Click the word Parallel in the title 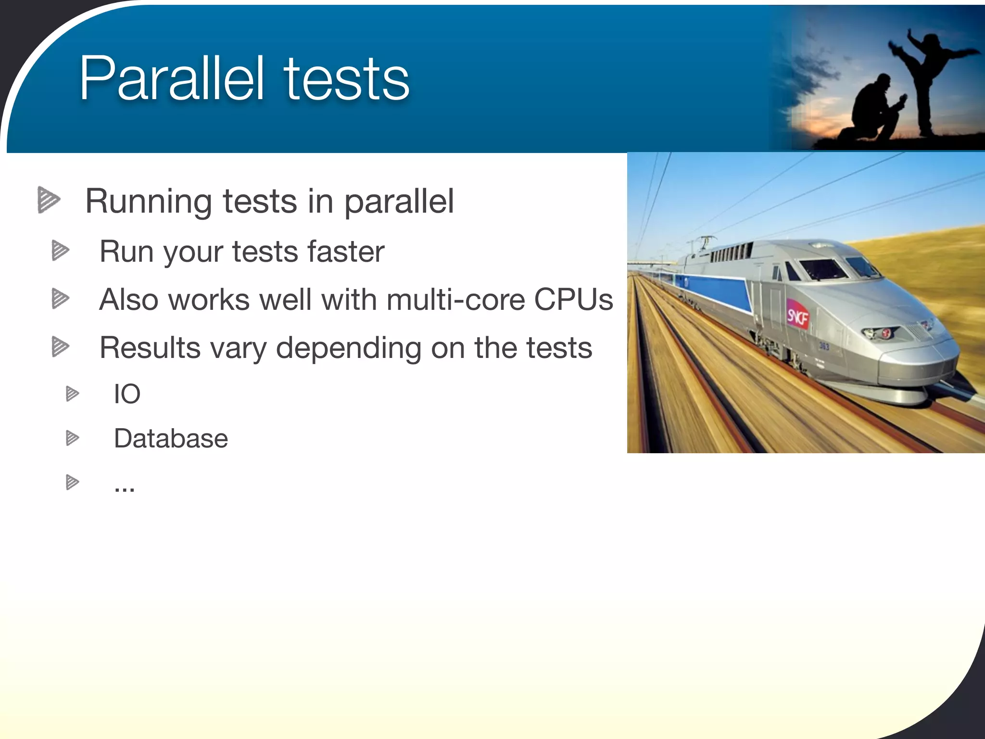[x=172, y=78]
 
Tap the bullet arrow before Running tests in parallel [x=49, y=200]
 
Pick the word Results [x=150, y=347]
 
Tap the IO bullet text [x=127, y=394]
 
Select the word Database [x=171, y=438]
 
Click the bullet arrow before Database [x=72, y=438]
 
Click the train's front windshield [x=823, y=269]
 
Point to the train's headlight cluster [x=880, y=332]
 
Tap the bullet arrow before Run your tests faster [x=60, y=251]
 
